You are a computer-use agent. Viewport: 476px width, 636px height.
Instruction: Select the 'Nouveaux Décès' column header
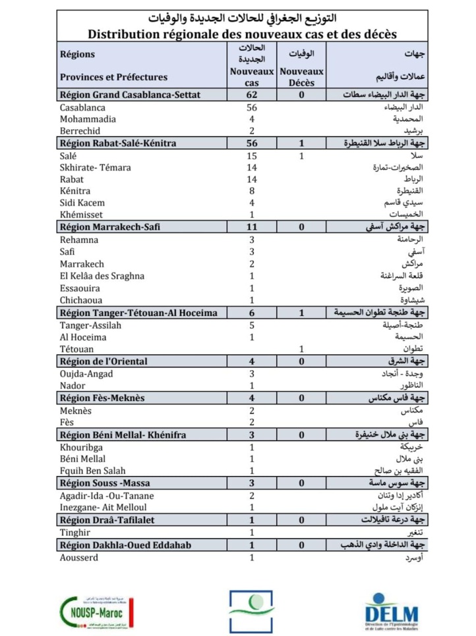click(x=301, y=77)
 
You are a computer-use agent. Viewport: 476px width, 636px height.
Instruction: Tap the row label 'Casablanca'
click(x=83, y=107)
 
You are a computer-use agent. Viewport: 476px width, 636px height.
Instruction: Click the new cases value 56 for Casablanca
click(x=251, y=107)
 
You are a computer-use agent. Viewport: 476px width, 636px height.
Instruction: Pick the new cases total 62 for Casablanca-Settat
click(x=251, y=95)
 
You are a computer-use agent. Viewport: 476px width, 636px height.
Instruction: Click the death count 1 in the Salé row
click(x=301, y=155)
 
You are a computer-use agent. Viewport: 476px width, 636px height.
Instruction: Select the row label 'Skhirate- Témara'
click(x=95, y=167)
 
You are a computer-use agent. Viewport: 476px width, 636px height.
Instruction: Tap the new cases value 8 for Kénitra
click(x=251, y=191)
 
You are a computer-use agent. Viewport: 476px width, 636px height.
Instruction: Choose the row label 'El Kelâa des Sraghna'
click(x=102, y=276)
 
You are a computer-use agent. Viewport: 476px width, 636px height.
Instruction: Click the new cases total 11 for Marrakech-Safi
click(x=251, y=227)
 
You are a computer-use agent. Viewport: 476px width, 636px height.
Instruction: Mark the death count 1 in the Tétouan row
click(x=301, y=349)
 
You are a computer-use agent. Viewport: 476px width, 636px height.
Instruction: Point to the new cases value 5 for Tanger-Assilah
click(x=251, y=325)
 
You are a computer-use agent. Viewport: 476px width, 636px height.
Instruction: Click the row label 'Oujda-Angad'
click(x=86, y=373)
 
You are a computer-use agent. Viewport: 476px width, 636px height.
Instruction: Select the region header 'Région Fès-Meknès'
click(x=102, y=398)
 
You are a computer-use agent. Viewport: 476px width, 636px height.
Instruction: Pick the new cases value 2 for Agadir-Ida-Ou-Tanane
click(x=251, y=495)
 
